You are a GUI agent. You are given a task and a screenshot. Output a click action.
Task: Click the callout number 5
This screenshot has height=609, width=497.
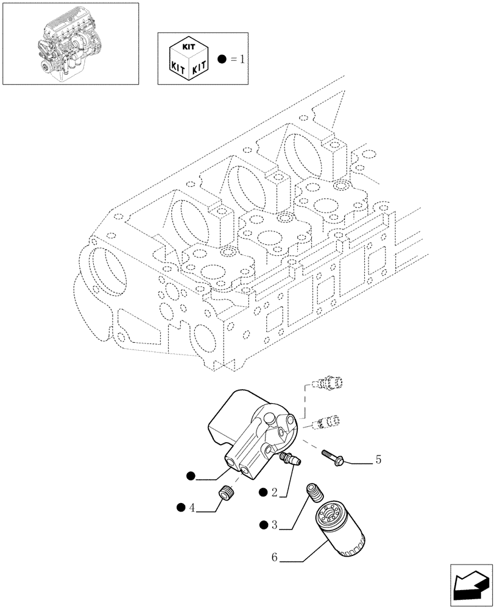click(x=378, y=460)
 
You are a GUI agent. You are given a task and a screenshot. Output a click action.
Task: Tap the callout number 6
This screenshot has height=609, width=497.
click(x=274, y=557)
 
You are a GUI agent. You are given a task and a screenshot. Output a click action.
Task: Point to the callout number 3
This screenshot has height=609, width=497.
click(x=275, y=524)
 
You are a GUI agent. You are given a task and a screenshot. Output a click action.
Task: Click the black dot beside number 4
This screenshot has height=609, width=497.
click(x=180, y=507)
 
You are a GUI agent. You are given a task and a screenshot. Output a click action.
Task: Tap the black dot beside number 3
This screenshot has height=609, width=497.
click(x=263, y=524)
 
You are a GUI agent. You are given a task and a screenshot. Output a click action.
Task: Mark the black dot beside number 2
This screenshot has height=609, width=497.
click(x=263, y=492)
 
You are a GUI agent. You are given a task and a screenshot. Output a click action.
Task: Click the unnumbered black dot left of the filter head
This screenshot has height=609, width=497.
click(x=191, y=476)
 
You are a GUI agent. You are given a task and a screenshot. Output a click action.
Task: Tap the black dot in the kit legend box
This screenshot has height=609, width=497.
click(x=222, y=59)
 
